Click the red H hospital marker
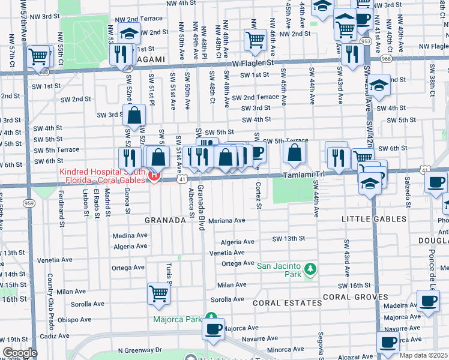[154, 176]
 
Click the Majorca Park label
[176, 319]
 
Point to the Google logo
[19, 353]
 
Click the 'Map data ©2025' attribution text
[424, 355]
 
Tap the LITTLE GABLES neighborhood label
[373, 220]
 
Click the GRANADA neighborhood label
[165, 220]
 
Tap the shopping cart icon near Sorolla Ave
[158, 293]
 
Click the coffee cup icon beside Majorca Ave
[213, 328]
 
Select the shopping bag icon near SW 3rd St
[136, 115]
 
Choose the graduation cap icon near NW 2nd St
[128, 34]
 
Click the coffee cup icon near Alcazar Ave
[388, 342]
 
